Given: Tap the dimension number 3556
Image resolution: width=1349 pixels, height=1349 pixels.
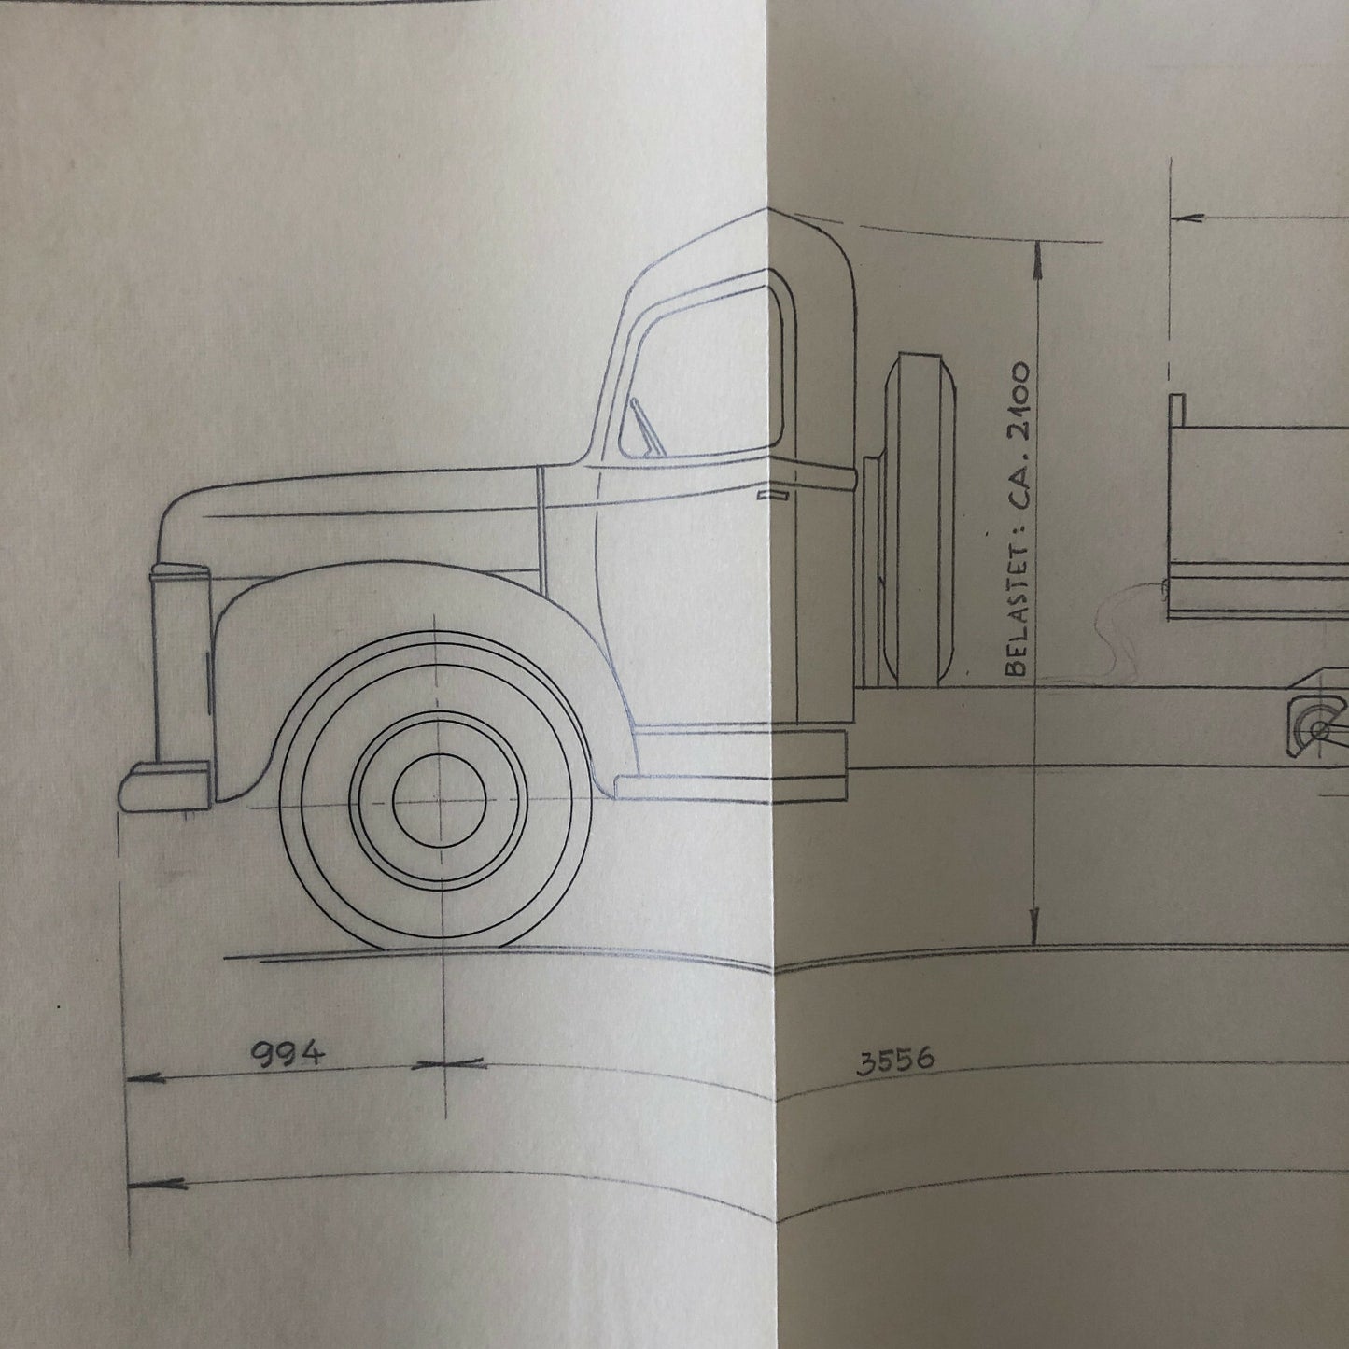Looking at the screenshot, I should (x=895, y=1061).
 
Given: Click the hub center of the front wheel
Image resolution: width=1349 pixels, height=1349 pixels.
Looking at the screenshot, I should (x=438, y=801).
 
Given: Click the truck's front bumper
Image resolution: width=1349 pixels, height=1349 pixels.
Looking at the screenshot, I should (x=164, y=784).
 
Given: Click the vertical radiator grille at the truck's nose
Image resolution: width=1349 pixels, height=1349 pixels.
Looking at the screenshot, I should (x=179, y=663).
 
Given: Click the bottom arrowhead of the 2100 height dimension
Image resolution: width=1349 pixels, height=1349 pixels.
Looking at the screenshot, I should (x=1034, y=934).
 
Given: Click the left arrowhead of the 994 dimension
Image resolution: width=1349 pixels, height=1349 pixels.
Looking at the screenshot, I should (x=140, y=1078).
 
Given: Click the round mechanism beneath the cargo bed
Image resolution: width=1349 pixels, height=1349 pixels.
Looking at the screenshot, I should (x=1316, y=726).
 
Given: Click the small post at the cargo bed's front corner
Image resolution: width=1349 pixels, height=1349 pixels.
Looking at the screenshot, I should (x=1177, y=407).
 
